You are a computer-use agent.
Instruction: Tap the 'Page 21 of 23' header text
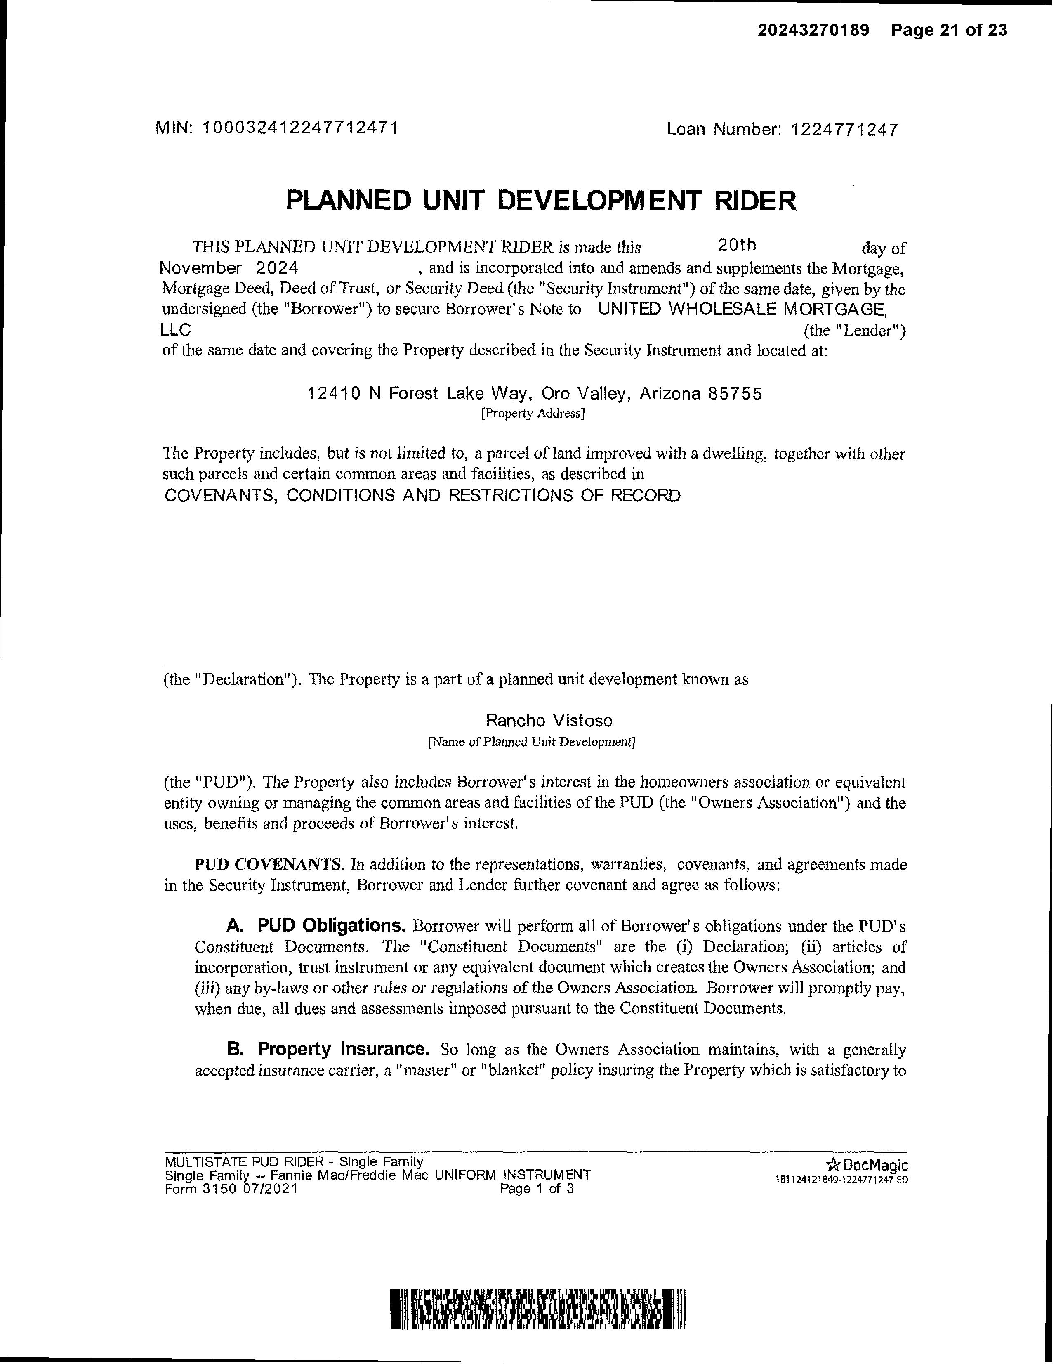949,30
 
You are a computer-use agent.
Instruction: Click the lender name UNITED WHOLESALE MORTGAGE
742,309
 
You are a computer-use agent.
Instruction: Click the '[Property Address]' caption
533,414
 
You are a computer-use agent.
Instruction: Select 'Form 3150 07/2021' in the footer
231,1189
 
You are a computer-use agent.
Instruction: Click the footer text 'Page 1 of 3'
537,1189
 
